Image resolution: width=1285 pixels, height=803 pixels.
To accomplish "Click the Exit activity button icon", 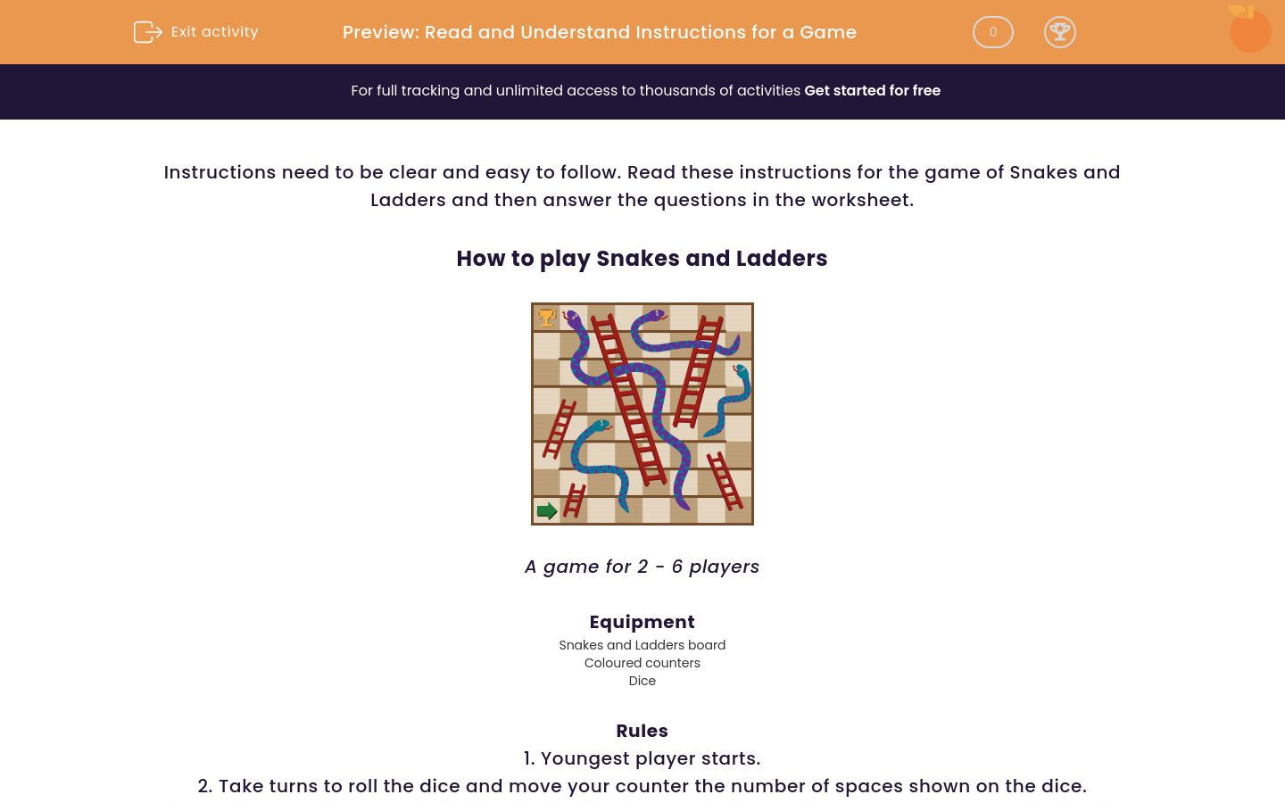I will [147, 32].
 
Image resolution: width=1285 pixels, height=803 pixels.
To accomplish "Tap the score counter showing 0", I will [992, 32].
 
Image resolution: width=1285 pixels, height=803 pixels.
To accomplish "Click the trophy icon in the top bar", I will [1059, 32].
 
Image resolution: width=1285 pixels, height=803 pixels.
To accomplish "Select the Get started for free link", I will [872, 91].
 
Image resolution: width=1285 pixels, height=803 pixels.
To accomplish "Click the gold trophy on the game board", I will [546, 317].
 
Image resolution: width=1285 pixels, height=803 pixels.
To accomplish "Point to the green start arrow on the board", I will [547, 510].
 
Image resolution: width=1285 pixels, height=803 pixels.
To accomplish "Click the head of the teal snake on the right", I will [741, 370].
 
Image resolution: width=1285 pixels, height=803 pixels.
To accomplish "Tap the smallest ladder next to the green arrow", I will [574, 501].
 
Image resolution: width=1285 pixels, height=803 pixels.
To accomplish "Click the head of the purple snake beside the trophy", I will [571, 317].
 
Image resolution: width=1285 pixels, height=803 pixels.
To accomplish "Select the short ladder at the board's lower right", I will [725, 480].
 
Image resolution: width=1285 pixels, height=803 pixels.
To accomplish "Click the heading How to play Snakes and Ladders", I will [642, 259].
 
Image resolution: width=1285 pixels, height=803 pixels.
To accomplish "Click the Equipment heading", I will [642, 622].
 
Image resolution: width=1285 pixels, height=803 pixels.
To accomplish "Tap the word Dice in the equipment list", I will [642, 681].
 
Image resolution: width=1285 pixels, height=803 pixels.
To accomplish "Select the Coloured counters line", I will [642, 663].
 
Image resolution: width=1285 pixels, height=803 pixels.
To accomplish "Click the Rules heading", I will [642, 731].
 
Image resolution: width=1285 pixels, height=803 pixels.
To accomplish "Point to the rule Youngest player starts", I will [642, 758].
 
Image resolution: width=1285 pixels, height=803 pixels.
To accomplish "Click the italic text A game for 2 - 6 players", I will [642, 567].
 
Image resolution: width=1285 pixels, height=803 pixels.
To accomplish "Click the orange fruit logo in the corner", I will [1249, 30].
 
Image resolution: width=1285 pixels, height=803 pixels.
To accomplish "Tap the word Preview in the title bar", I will [379, 32].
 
